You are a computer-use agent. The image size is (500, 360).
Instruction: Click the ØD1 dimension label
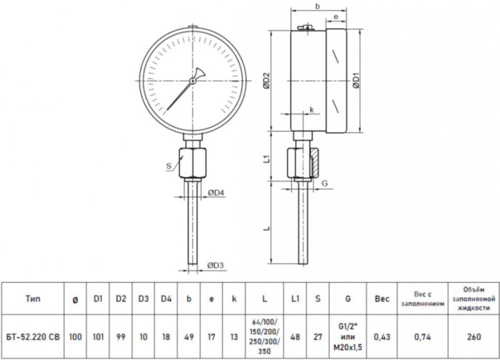coord(356,81)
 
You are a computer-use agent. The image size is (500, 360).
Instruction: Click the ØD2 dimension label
coord(266,81)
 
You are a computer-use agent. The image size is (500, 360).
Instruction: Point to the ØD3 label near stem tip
coord(216,265)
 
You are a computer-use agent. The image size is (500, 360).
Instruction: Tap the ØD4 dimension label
coord(216,193)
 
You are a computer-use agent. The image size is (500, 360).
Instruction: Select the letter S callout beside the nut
coord(169,166)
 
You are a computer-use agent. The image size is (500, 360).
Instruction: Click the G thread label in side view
coord(324,183)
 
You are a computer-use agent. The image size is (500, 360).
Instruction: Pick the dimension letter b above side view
coord(318,6)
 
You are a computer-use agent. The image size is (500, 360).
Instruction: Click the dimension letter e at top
coord(336,16)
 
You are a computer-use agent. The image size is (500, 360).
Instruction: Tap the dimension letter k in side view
coord(312,110)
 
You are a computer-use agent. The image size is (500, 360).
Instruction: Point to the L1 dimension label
coord(267,159)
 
